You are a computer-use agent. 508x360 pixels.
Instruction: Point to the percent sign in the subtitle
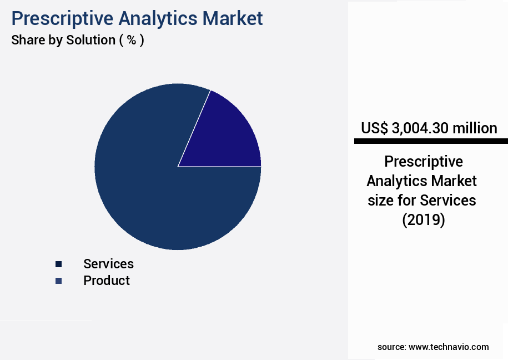pyautogui.click(x=132, y=41)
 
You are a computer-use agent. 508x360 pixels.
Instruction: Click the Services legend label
pyautogui.click(x=108, y=264)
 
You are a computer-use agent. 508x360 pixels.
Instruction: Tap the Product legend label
pyautogui.click(x=107, y=281)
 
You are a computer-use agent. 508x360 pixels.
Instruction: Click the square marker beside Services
pyautogui.click(x=58, y=264)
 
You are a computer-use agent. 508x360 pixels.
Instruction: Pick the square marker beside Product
pyautogui.click(x=58, y=281)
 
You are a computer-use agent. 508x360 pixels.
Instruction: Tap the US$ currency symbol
pyautogui.click(x=375, y=128)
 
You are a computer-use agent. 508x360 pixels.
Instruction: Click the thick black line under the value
pyautogui.click(x=431, y=142)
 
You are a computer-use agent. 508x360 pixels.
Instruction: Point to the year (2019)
pyautogui.click(x=424, y=220)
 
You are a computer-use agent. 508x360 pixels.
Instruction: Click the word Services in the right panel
pyautogui.click(x=448, y=200)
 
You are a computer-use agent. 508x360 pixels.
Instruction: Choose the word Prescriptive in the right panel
pyautogui.click(x=424, y=162)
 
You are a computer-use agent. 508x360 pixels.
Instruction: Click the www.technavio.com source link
pyautogui.click(x=449, y=347)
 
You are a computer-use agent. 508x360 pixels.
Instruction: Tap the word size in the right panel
pyautogui.click(x=380, y=200)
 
